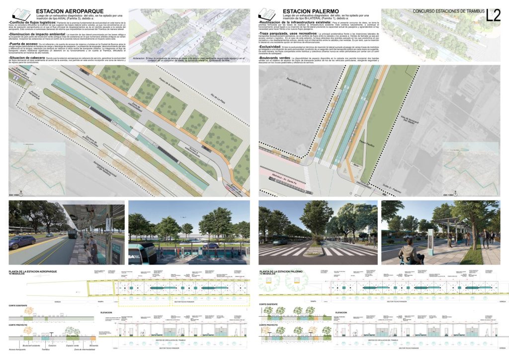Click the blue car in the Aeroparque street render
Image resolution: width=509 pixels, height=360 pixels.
tap(22, 242)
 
